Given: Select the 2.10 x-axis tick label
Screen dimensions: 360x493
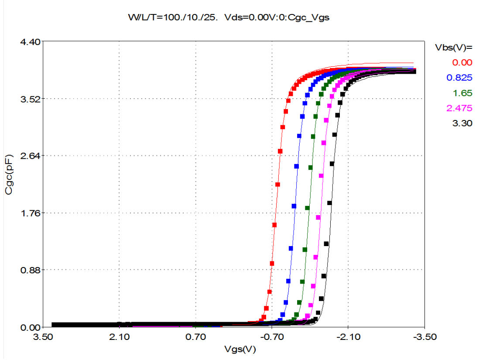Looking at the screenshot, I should coord(119,337).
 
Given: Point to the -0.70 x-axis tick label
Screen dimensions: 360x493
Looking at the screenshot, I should coord(271,337).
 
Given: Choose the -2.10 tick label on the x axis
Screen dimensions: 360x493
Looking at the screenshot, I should coord(347,337).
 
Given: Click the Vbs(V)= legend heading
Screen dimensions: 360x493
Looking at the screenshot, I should coord(454,47).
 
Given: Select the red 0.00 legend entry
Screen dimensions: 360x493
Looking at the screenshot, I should coord(462,62).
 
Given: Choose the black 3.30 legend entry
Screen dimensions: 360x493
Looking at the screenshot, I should coord(462,123).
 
